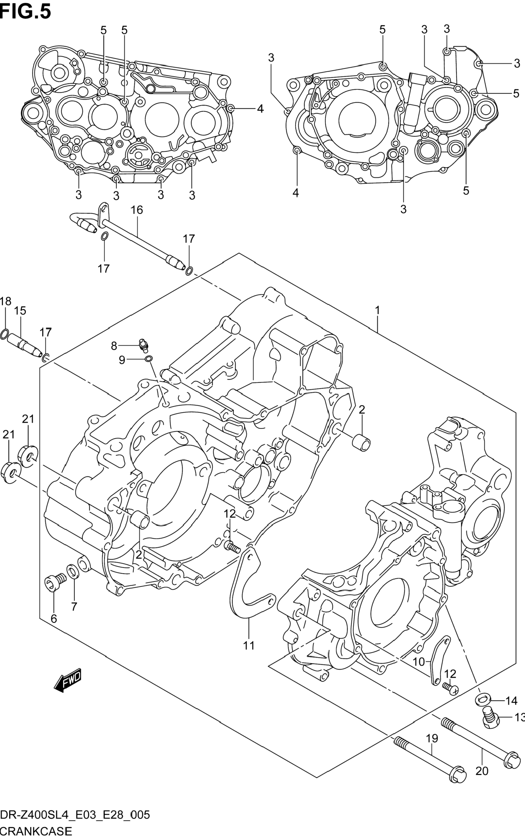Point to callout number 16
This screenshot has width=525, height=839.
click(x=137, y=210)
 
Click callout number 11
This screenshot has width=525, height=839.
click(x=249, y=645)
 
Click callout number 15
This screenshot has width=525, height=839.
click(x=20, y=310)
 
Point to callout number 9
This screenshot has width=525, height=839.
click(x=121, y=360)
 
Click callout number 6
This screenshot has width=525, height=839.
click(x=53, y=619)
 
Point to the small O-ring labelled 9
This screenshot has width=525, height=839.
click(x=148, y=359)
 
